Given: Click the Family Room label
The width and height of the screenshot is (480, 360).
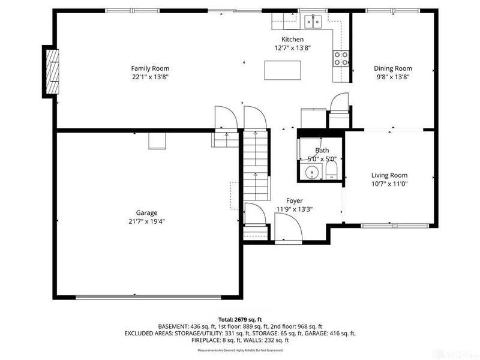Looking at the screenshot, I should (x=151, y=68).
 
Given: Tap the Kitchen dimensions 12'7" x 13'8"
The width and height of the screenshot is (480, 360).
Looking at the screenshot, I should (x=293, y=48).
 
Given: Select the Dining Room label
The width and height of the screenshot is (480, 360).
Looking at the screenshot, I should (x=393, y=68).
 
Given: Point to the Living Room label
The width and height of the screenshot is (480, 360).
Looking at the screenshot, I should (x=389, y=175).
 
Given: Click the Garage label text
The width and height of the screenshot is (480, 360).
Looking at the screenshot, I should (x=146, y=212).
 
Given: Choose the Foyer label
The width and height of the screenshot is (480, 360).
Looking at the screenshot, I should (x=294, y=200).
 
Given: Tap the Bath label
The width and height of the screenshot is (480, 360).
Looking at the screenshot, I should (x=322, y=151).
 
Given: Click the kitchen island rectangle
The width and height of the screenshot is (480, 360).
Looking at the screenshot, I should (x=283, y=71).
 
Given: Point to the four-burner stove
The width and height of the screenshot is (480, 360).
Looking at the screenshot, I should (x=341, y=58).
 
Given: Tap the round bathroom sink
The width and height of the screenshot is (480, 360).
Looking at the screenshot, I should (x=312, y=173).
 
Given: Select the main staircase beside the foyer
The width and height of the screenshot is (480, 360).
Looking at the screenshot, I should (x=256, y=167).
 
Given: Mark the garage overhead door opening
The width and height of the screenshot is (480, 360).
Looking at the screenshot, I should (x=149, y=296).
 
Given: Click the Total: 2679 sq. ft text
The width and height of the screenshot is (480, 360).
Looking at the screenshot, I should (x=240, y=319).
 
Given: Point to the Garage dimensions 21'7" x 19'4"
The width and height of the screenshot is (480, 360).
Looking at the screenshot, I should (x=146, y=221).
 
